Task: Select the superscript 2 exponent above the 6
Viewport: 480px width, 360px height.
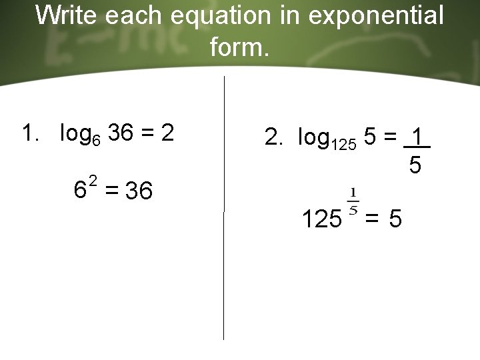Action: [x=93, y=180]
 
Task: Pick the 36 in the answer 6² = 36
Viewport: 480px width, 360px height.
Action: [x=139, y=191]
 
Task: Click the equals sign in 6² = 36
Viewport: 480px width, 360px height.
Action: [x=111, y=192]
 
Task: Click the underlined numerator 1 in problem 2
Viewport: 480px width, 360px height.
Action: [x=417, y=137]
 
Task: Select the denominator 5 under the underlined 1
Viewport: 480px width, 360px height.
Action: [x=415, y=165]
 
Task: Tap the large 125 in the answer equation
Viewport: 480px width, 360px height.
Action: [x=321, y=218]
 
